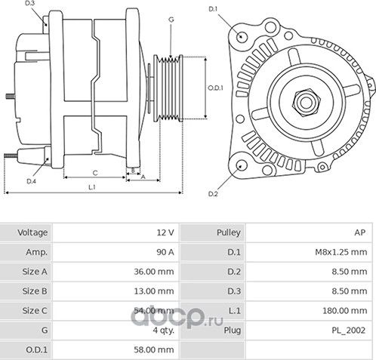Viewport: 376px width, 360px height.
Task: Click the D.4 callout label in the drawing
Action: pyautogui.click(x=32, y=181)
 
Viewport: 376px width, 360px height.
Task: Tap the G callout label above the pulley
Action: pyautogui.click(x=171, y=19)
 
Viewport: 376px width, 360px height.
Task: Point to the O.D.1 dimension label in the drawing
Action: pyautogui.click(x=215, y=88)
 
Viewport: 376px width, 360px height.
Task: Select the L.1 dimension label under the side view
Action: pyautogui.click(x=91, y=186)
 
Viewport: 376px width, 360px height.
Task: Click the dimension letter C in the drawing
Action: pyautogui.click(x=95, y=171)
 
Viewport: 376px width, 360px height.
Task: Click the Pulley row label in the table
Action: pyautogui.click(x=228, y=232)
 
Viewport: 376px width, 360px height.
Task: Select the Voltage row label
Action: pyautogui.click(x=33, y=232)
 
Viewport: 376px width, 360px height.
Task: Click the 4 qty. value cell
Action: pyautogui.click(x=163, y=330)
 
